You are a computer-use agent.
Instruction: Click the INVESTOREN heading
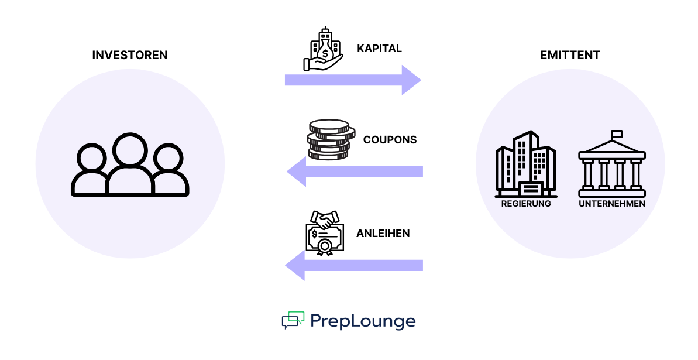(x=130, y=56)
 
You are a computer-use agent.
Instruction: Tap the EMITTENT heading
(x=570, y=56)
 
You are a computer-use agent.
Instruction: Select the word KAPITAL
(x=379, y=49)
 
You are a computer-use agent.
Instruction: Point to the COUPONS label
(x=390, y=140)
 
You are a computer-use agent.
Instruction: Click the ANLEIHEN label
(x=383, y=234)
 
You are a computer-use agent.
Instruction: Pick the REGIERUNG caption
(x=526, y=204)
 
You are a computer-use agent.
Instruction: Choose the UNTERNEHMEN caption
(x=611, y=204)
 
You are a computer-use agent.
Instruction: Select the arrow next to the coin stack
(x=355, y=172)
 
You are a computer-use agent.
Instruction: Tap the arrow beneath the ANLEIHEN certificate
(x=353, y=266)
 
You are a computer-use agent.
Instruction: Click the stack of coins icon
(x=328, y=139)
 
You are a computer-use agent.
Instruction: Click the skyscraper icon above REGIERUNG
(x=525, y=164)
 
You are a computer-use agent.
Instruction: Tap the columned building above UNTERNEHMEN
(x=611, y=167)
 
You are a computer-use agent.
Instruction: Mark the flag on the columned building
(x=617, y=134)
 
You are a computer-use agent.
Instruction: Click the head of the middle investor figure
(x=129, y=150)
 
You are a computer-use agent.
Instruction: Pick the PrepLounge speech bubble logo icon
(x=293, y=320)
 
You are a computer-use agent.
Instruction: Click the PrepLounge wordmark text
(x=363, y=321)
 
